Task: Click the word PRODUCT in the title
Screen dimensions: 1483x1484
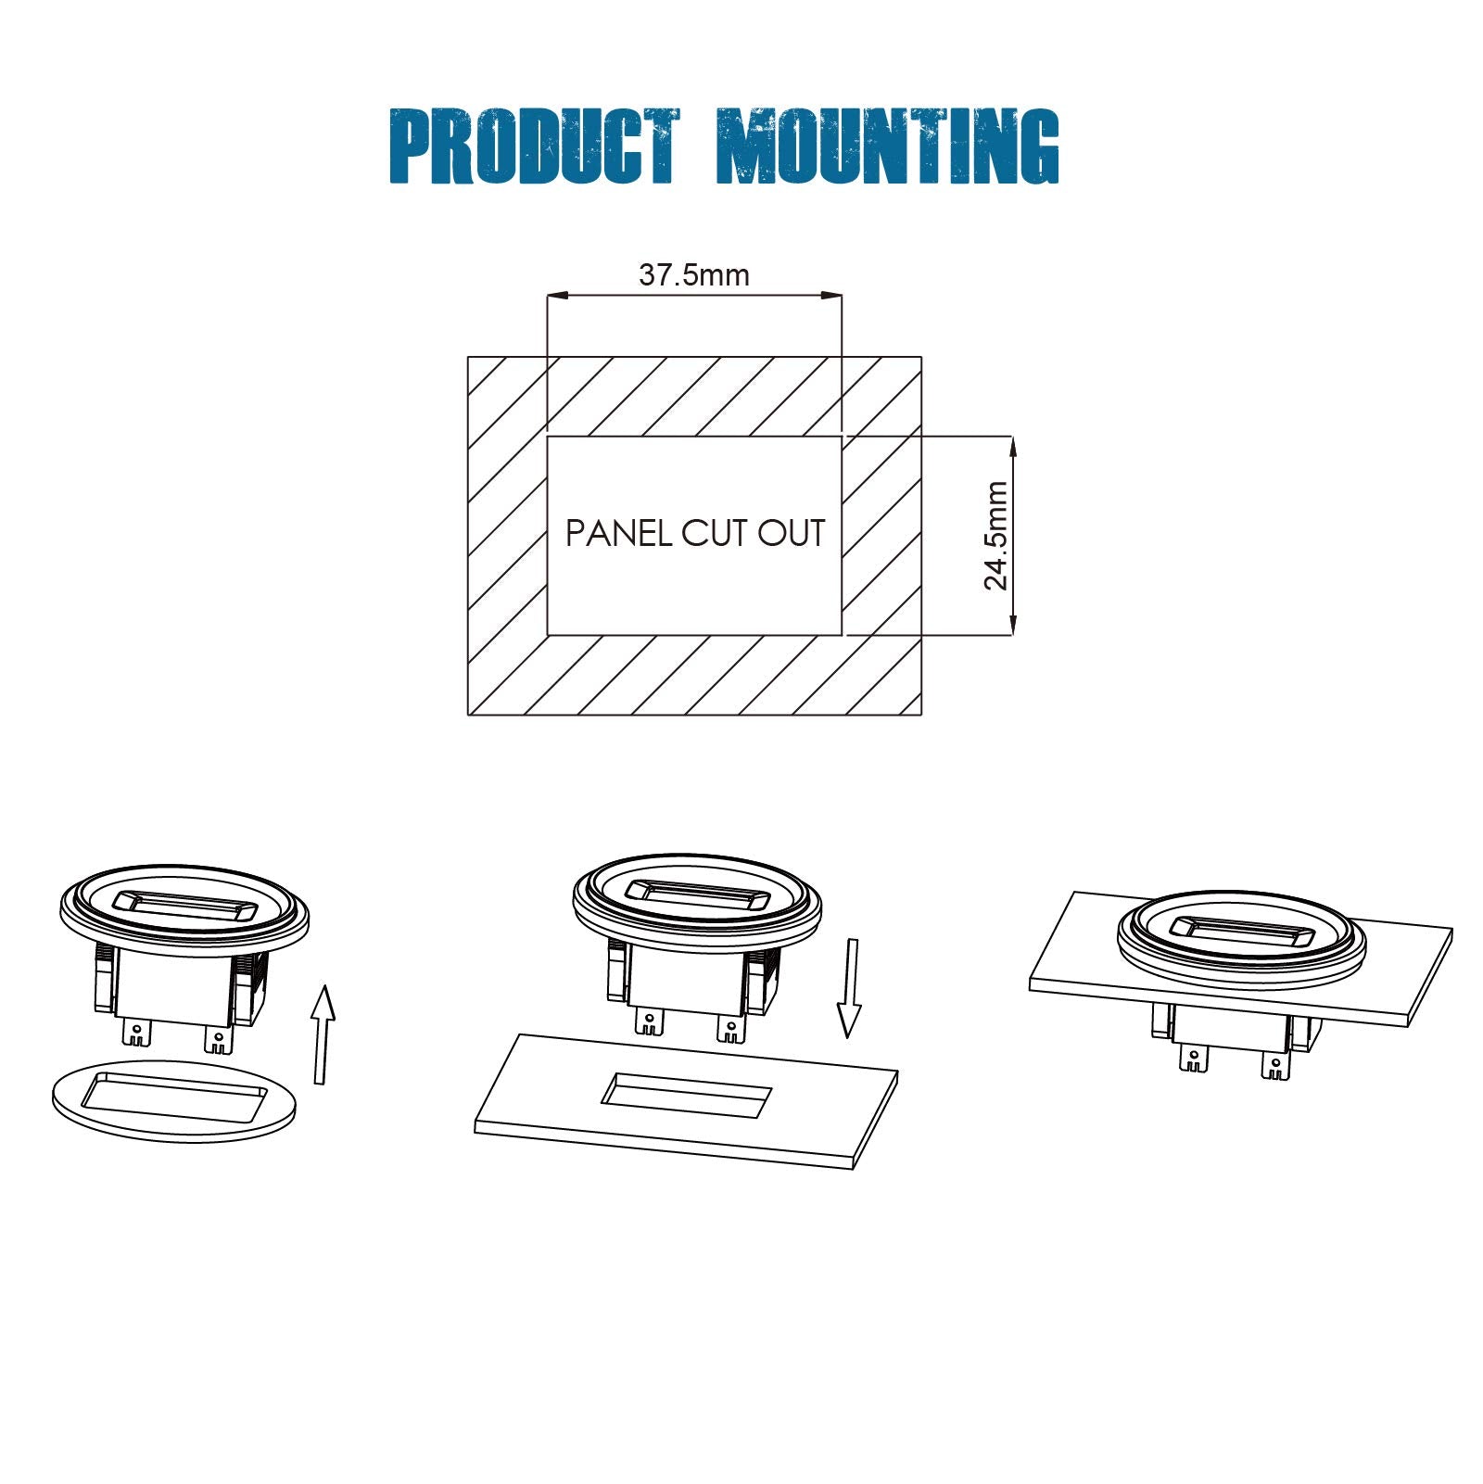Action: click(x=534, y=146)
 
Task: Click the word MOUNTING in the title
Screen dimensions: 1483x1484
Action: click(x=888, y=146)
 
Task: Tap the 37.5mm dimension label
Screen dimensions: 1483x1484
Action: click(x=694, y=274)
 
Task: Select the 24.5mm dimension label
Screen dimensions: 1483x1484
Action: click(x=995, y=535)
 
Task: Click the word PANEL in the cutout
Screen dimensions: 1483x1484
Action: click(x=619, y=533)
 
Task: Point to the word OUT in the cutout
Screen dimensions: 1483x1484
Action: click(x=792, y=533)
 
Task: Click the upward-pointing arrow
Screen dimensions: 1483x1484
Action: click(x=322, y=1034)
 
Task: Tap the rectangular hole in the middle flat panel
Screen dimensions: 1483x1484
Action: click(x=686, y=1095)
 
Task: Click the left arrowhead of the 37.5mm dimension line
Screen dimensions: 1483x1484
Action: click(x=557, y=296)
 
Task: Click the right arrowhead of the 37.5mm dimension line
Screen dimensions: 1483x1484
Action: click(x=831, y=296)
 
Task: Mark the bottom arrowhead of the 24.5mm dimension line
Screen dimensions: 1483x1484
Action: click(x=1012, y=626)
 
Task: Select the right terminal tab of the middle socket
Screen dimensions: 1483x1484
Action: click(x=730, y=1027)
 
